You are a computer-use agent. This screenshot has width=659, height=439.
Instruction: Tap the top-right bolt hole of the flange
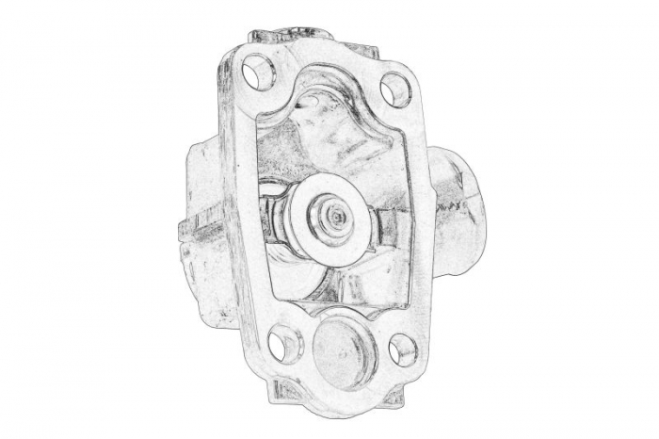click(x=396, y=89)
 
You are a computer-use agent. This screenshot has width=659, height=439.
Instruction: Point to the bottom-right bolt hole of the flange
click(x=401, y=350)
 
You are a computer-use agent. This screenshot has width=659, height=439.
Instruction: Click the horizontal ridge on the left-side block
click(x=202, y=226)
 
